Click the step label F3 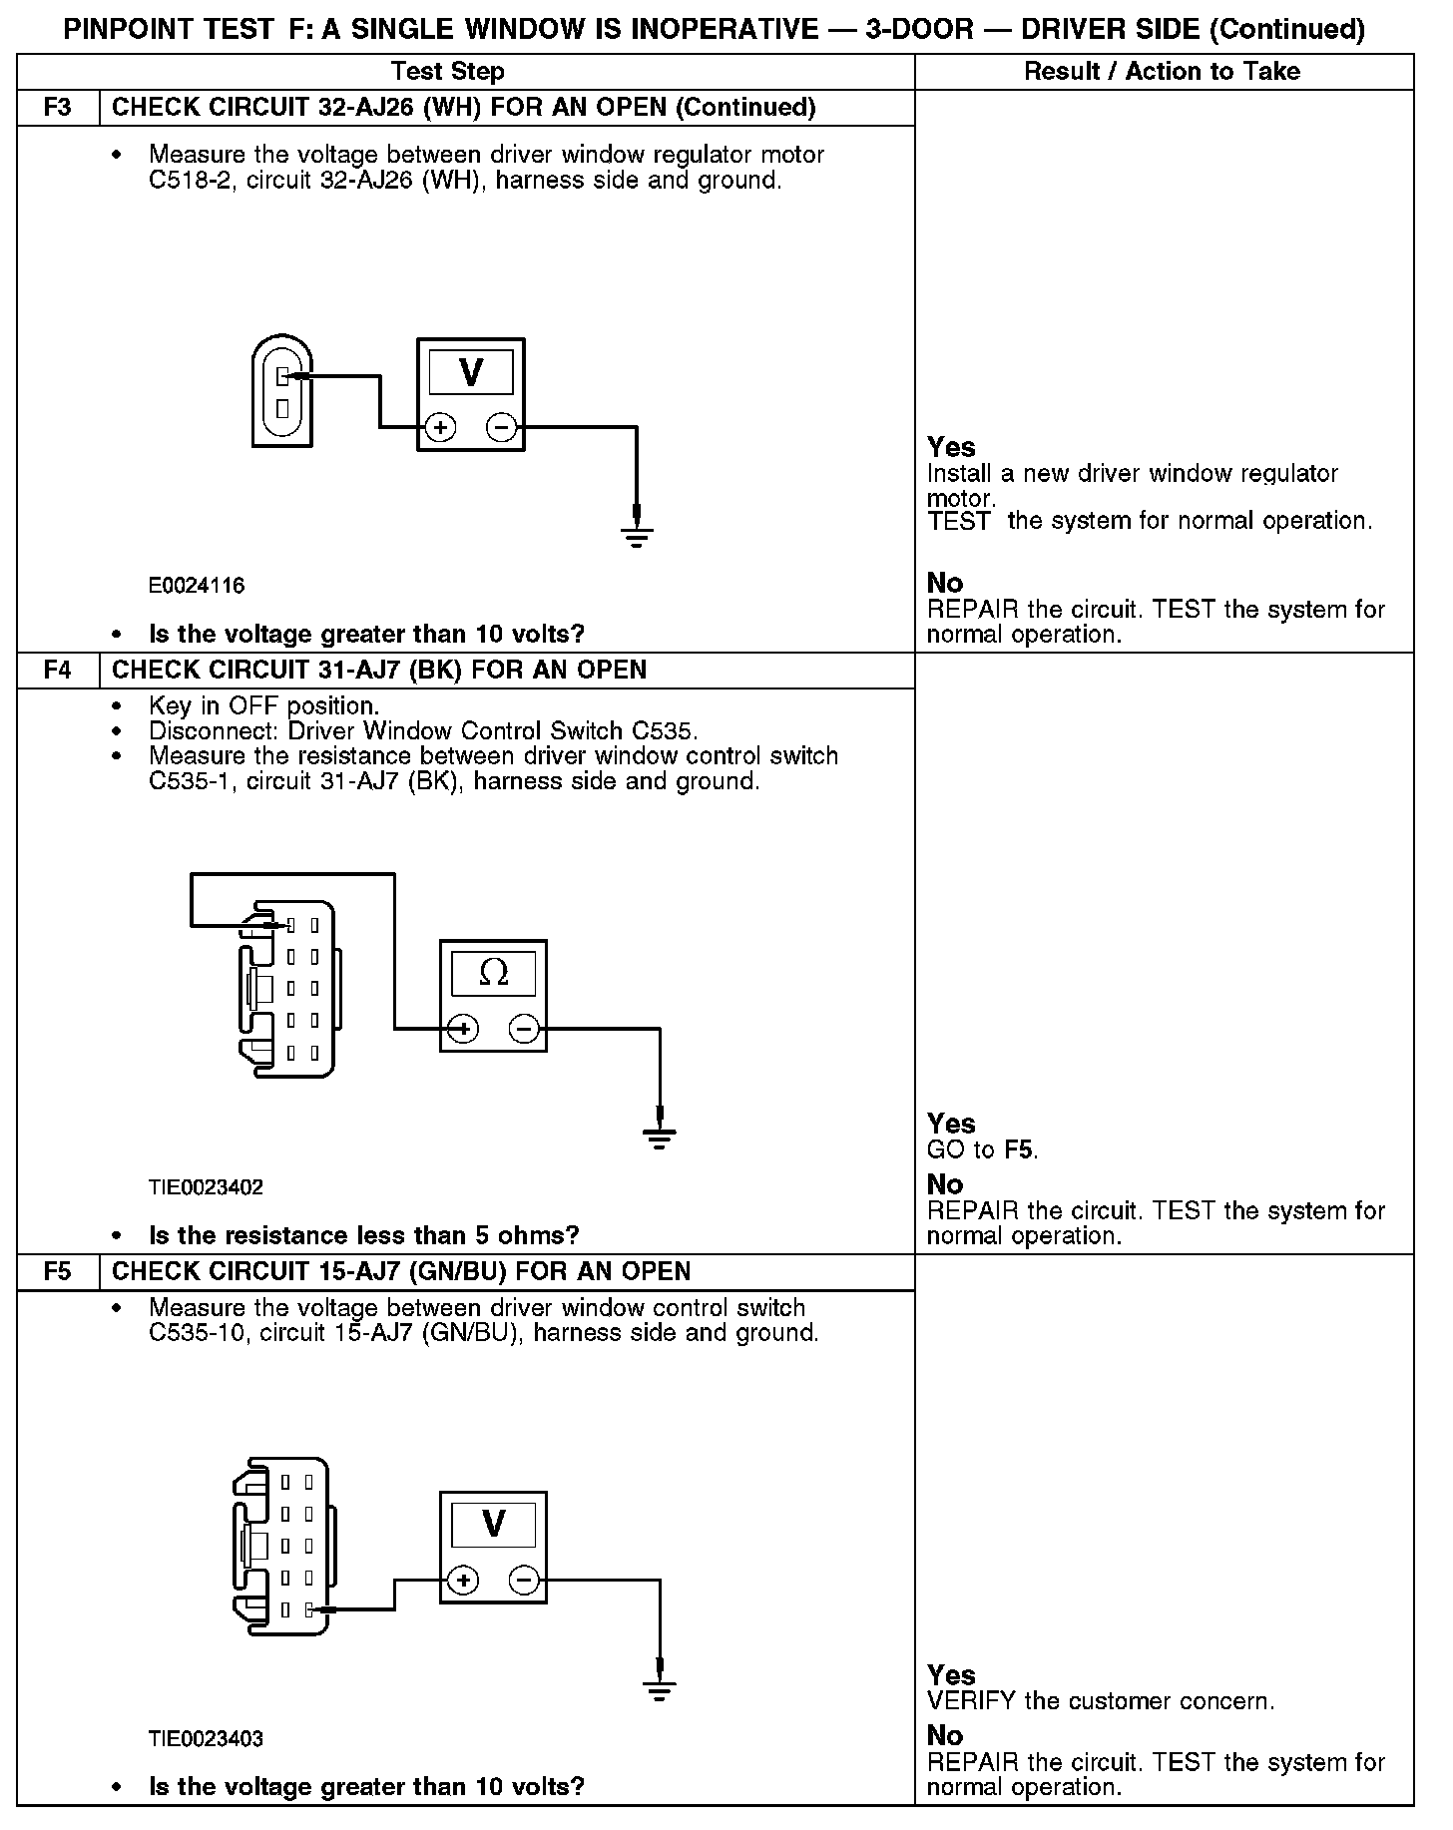(58, 108)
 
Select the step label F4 (58, 670)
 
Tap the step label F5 (58, 1271)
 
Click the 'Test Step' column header (447, 72)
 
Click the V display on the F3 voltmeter (471, 373)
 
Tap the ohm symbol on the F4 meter (493, 973)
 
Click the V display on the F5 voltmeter (493, 1524)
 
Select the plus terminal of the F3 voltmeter (440, 428)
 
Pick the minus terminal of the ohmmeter (525, 1029)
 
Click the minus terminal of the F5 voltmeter (525, 1581)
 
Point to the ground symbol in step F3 (637, 536)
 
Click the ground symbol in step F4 (659, 1137)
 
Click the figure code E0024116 (197, 586)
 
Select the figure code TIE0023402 (206, 1187)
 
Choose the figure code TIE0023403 (206, 1739)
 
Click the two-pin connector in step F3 (282, 391)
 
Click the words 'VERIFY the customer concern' (1100, 1701)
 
